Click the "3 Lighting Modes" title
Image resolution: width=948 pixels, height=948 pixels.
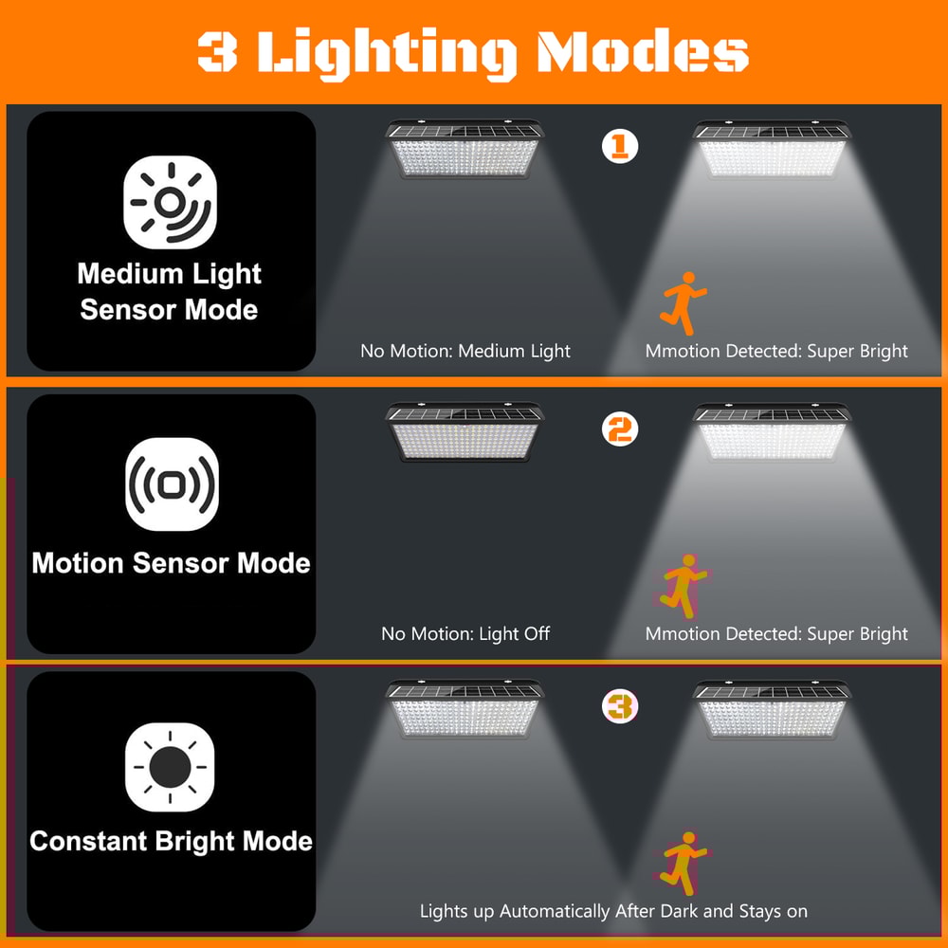(x=473, y=53)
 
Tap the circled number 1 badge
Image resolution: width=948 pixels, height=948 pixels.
(x=620, y=146)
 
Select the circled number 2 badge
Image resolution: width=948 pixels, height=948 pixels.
(x=620, y=429)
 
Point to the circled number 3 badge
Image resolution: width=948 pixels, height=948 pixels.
(x=620, y=707)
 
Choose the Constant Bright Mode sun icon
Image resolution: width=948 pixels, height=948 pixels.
(x=171, y=767)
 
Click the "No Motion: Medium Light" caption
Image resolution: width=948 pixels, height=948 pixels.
(x=465, y=351)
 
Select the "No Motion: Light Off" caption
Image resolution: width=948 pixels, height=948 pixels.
(x=465, y=633)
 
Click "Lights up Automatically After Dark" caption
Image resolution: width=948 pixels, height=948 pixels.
(x=613, y=911)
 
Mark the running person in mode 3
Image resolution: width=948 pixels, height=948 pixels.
(x=681, y=863)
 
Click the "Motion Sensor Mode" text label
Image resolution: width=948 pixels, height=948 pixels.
(x=172, y=563)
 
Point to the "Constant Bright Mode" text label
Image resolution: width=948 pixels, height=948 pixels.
(x=172, y=841)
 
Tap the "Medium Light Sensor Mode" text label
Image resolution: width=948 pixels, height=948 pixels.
(x=170, y=292)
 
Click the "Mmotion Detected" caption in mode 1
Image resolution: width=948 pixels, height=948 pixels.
(x=776, y=351)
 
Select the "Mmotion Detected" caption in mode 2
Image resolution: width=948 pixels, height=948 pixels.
(x=776, y=633)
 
